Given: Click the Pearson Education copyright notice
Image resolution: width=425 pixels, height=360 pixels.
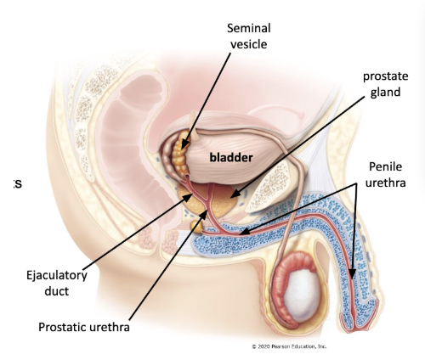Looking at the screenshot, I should coord(289,346).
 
